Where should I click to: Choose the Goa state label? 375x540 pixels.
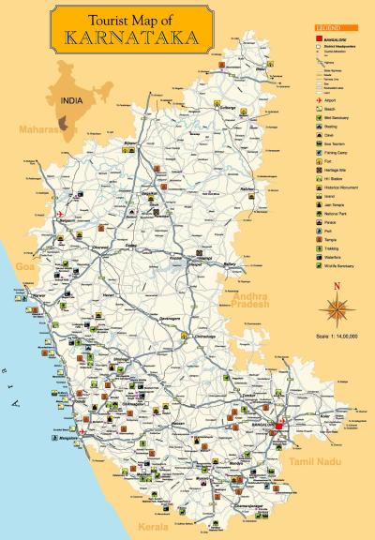coord(25,268)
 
